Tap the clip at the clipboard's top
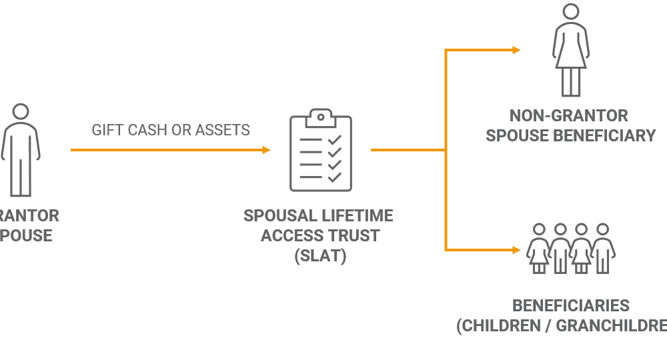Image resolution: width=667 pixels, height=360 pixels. point(320,111)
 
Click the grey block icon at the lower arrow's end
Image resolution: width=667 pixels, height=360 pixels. point(572,247)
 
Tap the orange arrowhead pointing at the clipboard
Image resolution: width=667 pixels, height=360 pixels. point(266,150)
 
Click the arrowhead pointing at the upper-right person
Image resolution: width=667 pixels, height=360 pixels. point(516,50)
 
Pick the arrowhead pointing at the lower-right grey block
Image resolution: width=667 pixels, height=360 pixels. point(516,251)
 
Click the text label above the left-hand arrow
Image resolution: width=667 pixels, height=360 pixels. point(171,131)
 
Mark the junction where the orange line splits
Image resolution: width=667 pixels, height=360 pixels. point(446,151)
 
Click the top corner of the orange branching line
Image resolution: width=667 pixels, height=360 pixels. point(446,50)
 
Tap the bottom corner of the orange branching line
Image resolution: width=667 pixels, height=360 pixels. point(446,251)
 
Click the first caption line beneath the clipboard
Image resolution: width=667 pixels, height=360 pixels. point(317,216)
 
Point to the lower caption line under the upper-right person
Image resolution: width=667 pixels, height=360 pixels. point(570,136)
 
